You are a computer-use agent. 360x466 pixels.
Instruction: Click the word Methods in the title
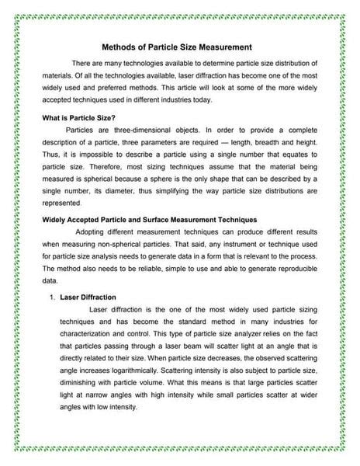120,47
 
